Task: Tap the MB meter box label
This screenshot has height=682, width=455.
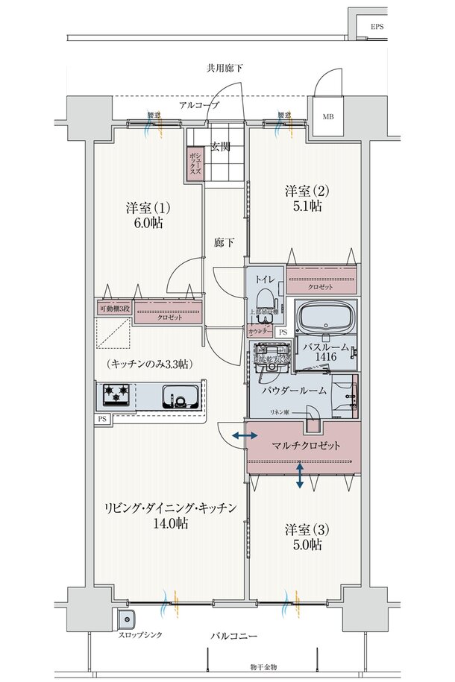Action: (x=328, y=117)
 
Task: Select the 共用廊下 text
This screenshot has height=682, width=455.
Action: (x=225, y=69)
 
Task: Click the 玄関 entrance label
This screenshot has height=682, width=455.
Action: (x=219, y=146)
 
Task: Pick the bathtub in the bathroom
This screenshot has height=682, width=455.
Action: (x=327, y=319)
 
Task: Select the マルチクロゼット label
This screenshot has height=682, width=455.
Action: (x=305, y=445)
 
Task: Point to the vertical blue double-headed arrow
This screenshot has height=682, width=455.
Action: (x=300, y=475)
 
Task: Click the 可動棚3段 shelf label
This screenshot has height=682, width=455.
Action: (x=114, y=309)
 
